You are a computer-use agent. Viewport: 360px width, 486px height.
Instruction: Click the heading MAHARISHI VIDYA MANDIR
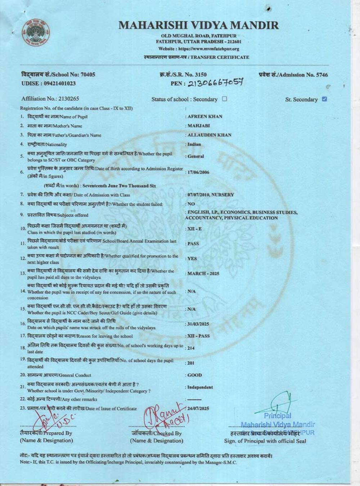[198, 25]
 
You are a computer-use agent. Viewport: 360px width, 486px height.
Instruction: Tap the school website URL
[199, 49]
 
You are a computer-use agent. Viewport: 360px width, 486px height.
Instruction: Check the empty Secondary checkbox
[225, 99]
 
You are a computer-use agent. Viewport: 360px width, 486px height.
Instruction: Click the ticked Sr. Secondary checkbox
[324, 99]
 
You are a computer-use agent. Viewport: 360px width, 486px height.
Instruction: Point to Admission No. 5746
[293, 75]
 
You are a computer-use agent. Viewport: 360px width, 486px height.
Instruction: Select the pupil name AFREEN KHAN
[205, 117]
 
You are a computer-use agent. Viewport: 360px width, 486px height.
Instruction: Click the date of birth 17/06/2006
[198, 172]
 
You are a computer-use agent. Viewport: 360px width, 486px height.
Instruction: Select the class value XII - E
[195, 229]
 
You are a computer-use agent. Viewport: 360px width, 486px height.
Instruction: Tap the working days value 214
[191, 348]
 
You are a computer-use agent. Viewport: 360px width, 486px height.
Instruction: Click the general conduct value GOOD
[195, 375]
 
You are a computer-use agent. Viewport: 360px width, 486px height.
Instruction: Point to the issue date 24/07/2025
[198, 409]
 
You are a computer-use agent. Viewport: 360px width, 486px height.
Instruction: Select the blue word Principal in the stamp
[277, 416]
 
